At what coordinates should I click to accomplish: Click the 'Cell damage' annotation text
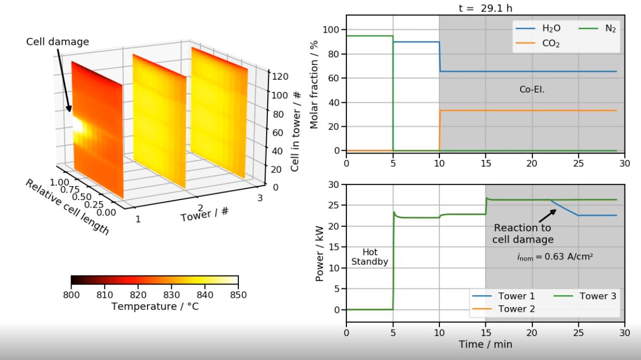[x=58, y=42]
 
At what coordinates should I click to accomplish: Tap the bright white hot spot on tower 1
[x=78, y=126]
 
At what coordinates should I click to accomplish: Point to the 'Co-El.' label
[x=531, y=89]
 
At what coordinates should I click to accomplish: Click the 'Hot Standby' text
[x=369, y=257]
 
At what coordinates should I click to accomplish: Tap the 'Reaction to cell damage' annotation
[x=523, y=234]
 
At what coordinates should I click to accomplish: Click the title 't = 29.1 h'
[x=485, y=8]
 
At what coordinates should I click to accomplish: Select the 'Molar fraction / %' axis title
[x=314, y=84]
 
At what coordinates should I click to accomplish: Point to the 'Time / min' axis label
[x=485, y=344]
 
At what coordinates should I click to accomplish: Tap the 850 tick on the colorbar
[x=238, y=295]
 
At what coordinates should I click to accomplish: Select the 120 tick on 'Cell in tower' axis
[x=280, y=76]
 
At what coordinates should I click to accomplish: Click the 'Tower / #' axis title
[x=205, y=214]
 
